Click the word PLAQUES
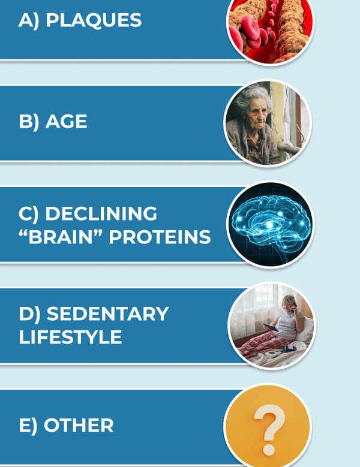point(94,20)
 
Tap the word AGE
point(66,122)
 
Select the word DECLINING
point(101,213)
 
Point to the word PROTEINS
point(160,237)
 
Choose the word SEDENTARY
point(107,314)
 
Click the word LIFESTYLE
point(70,337)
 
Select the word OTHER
point(79,425)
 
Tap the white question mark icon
point(269,429)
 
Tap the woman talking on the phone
point(286,319)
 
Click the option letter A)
point(29,21)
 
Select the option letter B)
point(29,122)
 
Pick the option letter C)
point(29,214)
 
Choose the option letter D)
point(29,314)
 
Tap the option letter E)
point(28,426)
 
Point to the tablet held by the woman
point(271,327)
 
